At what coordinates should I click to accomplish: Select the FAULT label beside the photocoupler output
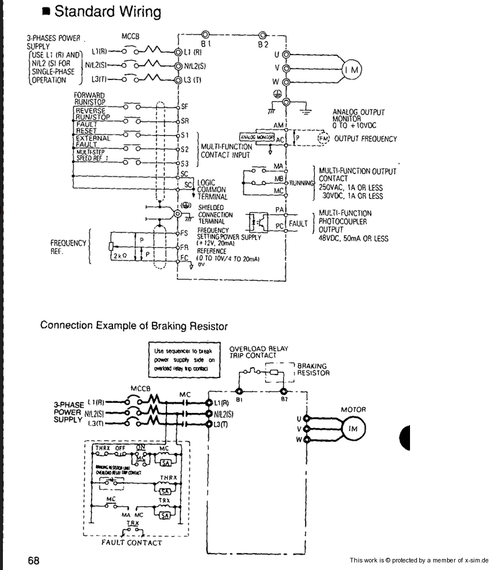pyautogui.click(x=298, y=223)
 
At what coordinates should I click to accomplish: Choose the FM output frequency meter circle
pyautogui.click(x=324, y=139)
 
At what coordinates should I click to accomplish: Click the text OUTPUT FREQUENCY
pyautogui.click(x=365, y=139)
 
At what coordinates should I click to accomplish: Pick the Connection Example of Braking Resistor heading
pyautogui.click(x=134, y=326)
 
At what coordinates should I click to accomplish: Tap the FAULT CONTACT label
pyautogui.click(x=131, y=543)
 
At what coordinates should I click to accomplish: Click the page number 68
pyautogui.click(x=34, y=561)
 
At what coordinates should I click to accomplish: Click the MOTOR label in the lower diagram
pyautogui.click(x=353, y=409)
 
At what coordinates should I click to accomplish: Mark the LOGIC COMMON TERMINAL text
pyautogui.click(x=212, y=190)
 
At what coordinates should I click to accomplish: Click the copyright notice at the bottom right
pyautogui.click(x=419, y=560)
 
